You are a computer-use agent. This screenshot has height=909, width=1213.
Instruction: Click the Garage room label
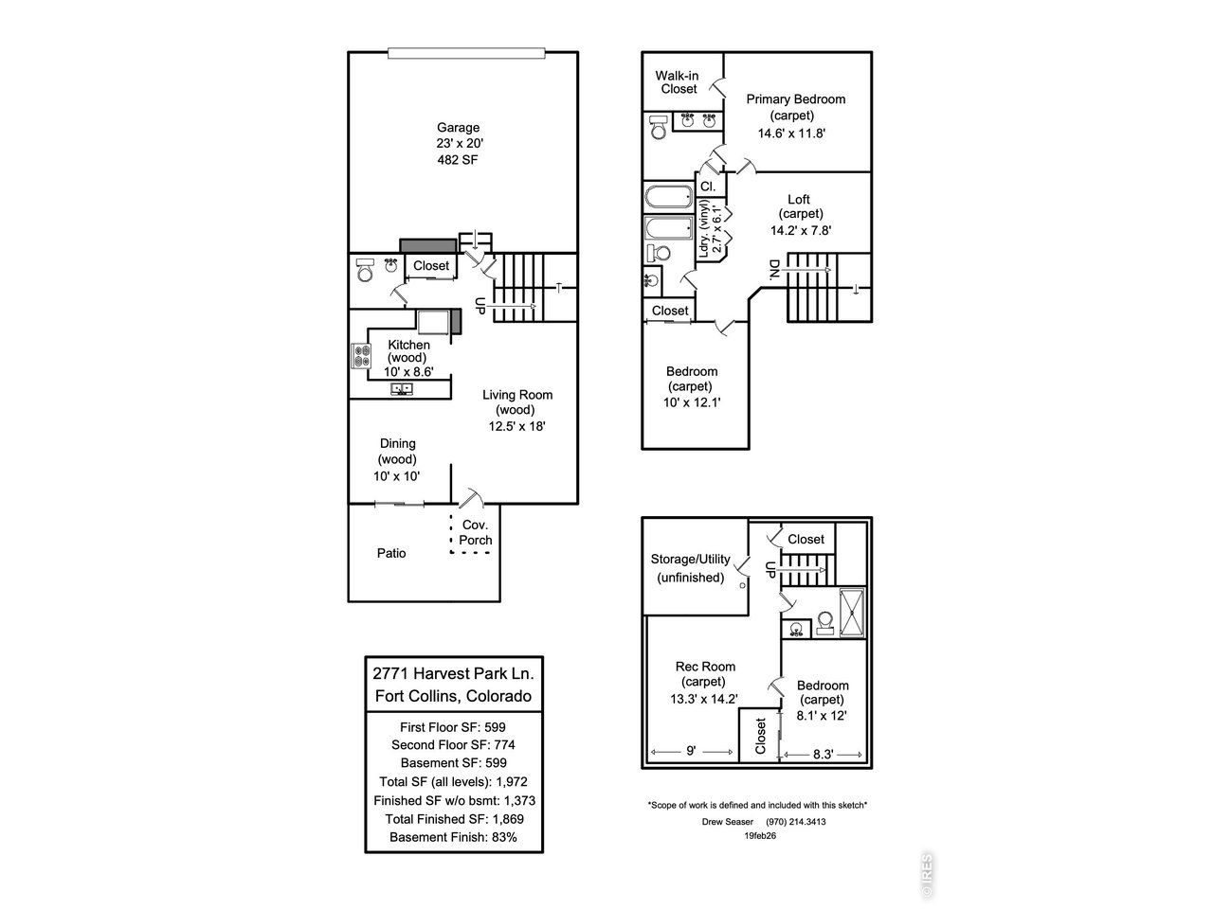[x=458, y=128]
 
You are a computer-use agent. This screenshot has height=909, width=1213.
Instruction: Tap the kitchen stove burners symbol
[x=362, y=356]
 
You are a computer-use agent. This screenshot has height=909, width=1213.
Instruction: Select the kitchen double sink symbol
[x=401, y=389]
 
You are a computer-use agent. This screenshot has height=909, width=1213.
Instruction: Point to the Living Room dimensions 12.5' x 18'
[x=516, y=426]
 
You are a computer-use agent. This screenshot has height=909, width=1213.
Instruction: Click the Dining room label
[x=397, y=443]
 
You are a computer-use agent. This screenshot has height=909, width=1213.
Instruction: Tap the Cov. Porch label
[x=475, y=532]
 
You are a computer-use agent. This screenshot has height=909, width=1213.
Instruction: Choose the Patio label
[x=391, y=553]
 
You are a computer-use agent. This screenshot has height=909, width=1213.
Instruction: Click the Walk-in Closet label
[x=679, y=81]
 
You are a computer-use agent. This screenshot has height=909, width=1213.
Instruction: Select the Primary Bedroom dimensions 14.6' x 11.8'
[x=791, y=133]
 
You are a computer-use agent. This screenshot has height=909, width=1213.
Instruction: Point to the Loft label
[x=799, y=199]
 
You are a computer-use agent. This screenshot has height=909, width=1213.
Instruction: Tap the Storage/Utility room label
[x=690, y=559]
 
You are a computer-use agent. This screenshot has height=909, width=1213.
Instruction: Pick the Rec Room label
[x=705, y=667]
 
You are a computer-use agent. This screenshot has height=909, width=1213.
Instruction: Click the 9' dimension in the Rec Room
[x=692, y=751]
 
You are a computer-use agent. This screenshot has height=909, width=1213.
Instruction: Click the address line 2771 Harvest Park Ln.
[x=454, y=673]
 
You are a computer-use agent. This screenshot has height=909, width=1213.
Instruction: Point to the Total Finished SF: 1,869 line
[x=454, y=819]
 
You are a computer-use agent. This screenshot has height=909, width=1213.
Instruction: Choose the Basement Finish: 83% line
[x=454, y=838]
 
